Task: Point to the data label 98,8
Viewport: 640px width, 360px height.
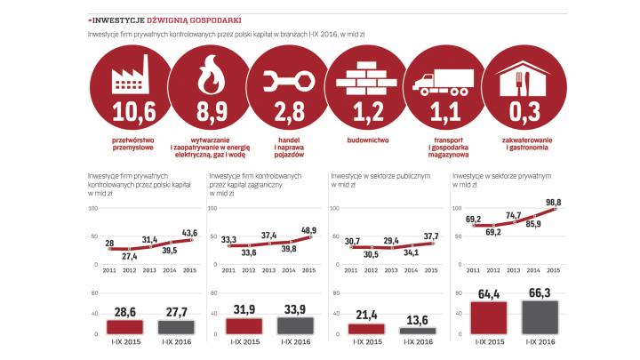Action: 552,203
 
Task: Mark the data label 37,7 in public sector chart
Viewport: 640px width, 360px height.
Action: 429,236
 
